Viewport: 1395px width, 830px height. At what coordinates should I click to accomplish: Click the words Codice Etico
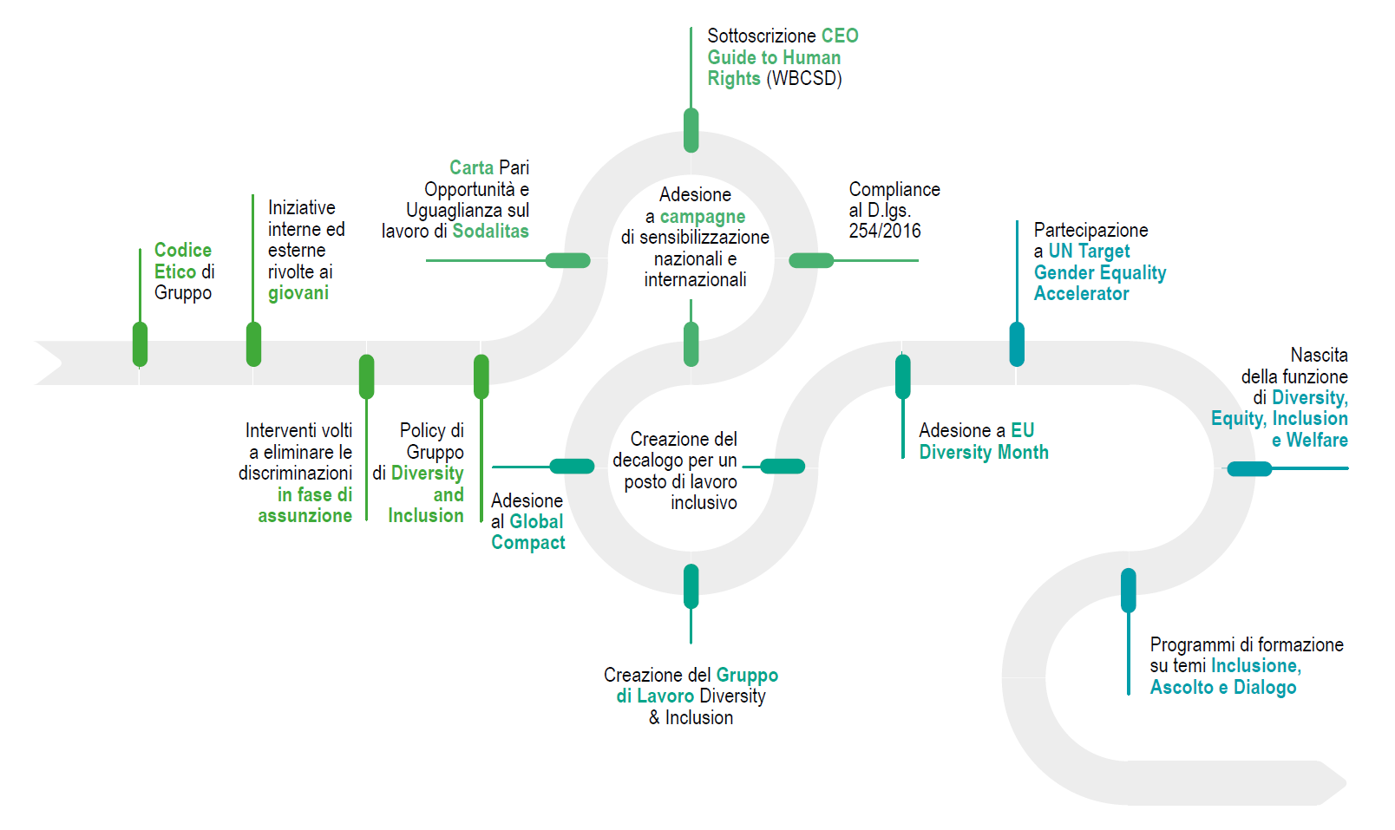pos(182,260)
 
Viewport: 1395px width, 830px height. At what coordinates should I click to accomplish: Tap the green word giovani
pos(298,293)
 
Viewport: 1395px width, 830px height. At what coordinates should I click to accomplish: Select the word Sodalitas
pos(490,232)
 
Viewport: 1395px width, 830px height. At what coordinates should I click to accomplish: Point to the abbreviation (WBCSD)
pos(804,79)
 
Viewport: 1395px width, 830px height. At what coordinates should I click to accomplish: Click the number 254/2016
pos(884,231)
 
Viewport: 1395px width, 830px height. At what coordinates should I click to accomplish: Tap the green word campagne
pos(702,217)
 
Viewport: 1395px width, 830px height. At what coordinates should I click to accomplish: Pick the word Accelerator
pos(1081,294)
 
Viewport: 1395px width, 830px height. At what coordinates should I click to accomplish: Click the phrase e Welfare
pos(1309,441)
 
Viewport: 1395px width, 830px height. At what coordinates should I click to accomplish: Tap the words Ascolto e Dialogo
pos(1222,688)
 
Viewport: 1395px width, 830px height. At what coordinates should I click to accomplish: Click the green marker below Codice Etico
pos(140,344)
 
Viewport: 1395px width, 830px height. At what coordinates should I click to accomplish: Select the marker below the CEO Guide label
pos(691,130)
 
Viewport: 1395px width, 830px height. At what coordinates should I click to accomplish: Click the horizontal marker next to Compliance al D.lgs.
pos(811,260)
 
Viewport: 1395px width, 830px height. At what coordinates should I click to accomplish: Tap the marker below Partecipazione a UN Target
pos(1017,344)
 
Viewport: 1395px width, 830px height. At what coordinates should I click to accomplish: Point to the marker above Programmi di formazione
pos(1128,590)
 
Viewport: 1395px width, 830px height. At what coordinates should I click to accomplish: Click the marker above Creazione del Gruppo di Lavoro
pos(691,586)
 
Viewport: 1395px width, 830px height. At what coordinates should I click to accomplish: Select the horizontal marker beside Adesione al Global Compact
pos(573,467)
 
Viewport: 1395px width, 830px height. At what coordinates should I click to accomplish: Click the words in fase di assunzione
pos(305,506)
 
